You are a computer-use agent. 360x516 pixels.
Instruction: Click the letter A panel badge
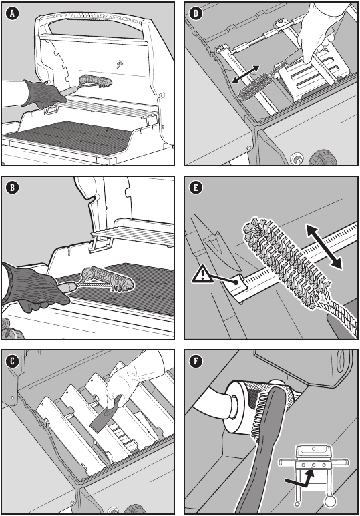(x=13, y=13)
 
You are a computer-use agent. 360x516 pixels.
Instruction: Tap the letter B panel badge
(x=13, y=188)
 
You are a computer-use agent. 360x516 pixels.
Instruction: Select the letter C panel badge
(x=13, y=361)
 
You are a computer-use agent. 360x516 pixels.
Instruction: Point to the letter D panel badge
(x=196, y=13)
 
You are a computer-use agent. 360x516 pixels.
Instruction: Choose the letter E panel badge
(x=196, y=188)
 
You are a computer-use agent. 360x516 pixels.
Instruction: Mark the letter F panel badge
(x=196, y=361)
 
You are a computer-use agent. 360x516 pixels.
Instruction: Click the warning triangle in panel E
(x=202, y=275)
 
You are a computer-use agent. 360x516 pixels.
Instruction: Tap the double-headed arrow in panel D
(x=245, y=74)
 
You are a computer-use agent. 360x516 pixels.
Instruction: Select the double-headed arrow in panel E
(x=324, y=246)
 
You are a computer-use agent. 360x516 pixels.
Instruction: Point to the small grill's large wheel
(x=330, y=501)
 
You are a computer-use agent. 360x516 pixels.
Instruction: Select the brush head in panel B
(x=108, y=279)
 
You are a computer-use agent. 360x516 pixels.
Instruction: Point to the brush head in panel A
(x=96, y=81)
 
